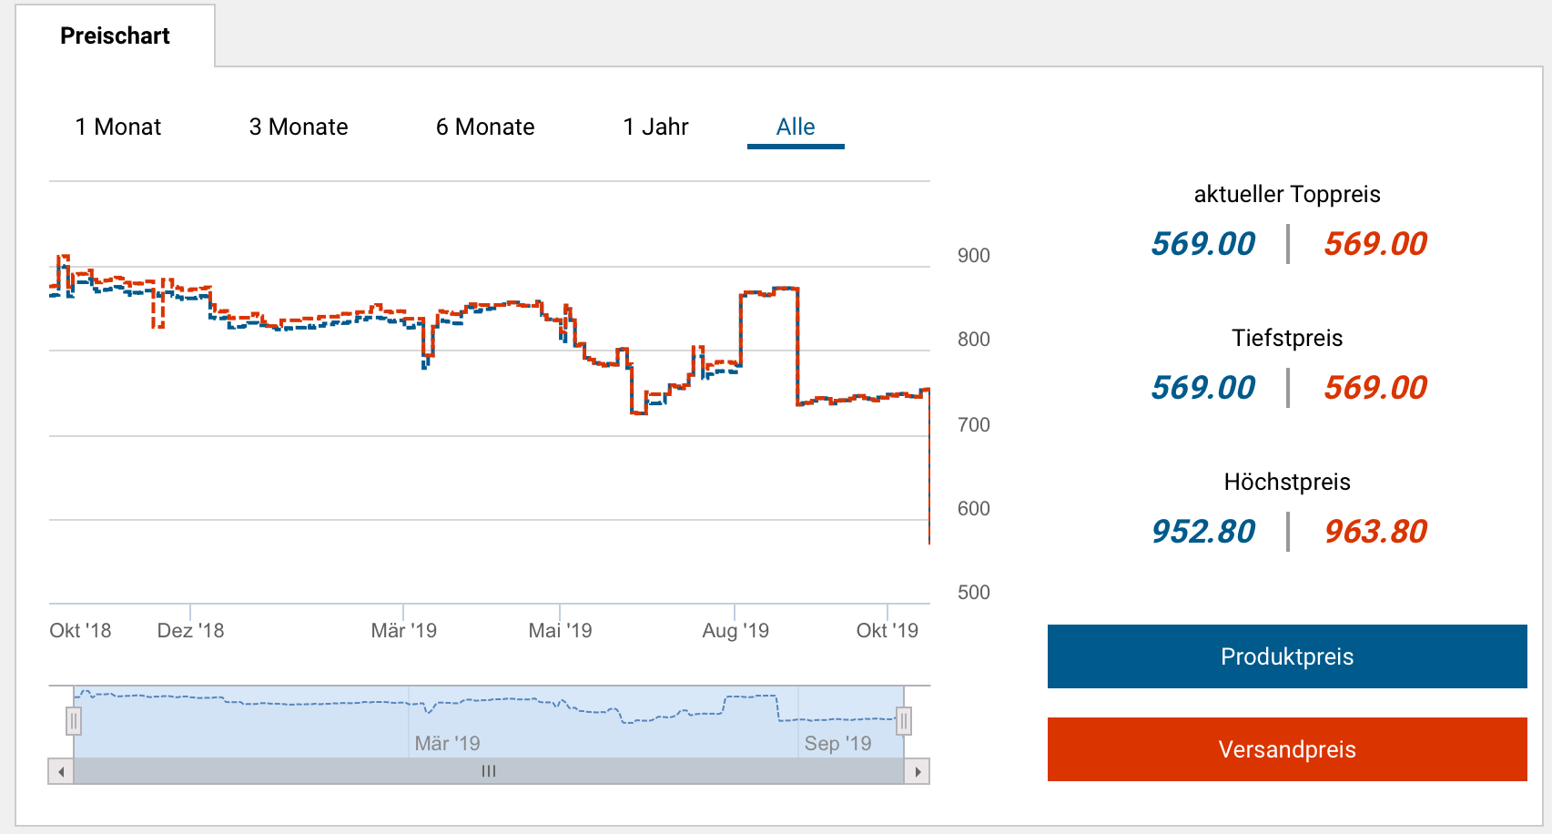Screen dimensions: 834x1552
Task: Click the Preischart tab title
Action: tap(115, 36)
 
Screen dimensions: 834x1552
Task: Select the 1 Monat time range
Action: tap(118, 127)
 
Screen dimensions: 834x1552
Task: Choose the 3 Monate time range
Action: tap(299, 127)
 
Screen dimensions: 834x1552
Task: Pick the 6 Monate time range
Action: tap(485, 127)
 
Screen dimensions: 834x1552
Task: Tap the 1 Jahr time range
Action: tap(655, 127)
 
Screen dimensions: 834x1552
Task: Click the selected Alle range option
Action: tap(796, 127)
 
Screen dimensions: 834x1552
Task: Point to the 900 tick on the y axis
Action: tap(973, 256)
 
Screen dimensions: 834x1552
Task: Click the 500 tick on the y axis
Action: tap(973, 593)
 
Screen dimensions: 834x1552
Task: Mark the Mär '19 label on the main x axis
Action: tap(403, 631)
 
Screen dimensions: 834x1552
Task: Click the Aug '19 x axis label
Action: tap(735, 631)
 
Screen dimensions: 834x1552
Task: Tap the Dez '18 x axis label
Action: tap(190, 631)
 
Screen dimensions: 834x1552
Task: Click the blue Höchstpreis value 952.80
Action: tap(1202, 532)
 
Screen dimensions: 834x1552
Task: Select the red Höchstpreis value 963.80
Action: tap(1375, 532)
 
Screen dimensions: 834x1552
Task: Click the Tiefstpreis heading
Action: tap(1287, 339)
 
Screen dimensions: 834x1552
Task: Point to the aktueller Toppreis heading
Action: tap(1287, 195)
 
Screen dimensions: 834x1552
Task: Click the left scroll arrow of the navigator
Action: tap(61, 772)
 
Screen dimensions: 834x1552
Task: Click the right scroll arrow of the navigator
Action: tap(918, 772)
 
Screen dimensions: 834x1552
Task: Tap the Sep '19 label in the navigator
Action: tap(837, 744)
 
